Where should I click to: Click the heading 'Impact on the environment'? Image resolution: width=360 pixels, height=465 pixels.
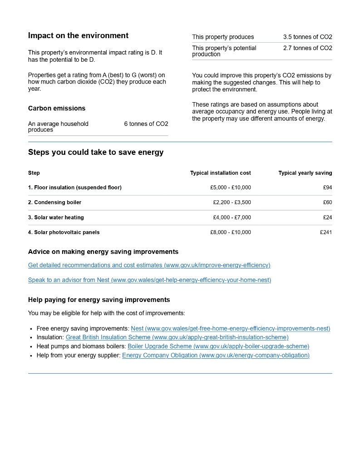[78, 36]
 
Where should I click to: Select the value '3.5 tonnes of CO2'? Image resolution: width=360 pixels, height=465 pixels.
[307, 37]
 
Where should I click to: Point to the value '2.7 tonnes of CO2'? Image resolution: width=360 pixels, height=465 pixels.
[307, 48]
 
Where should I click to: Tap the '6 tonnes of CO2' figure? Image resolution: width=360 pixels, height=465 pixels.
[146, 124]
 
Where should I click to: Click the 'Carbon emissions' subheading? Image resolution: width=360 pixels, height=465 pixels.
[57, 109]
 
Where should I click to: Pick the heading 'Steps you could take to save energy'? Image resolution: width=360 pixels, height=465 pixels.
[96, 153]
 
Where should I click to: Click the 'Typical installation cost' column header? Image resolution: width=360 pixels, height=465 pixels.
[220, 173]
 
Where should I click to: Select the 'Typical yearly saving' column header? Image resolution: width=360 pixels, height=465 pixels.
[305, 173]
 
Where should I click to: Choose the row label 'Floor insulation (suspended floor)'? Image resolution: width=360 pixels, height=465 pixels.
[75, 188]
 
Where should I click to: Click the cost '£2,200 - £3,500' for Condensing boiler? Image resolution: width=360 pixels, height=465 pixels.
[232, 203]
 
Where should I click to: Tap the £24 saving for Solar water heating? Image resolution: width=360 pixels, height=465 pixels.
[327, 218]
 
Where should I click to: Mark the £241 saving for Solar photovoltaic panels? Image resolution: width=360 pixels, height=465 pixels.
[326, 232]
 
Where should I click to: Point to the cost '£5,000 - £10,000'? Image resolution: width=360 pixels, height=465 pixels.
[230, 188]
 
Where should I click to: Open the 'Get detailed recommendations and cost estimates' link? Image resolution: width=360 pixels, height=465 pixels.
[149, 265]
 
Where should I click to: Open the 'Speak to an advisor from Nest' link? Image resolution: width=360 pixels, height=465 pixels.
[149, 280]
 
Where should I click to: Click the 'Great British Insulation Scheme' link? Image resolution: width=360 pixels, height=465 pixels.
[177, 337]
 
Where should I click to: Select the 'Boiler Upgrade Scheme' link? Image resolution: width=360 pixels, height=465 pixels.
[218, 346]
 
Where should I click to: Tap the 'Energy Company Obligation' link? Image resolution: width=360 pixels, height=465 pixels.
[216, 356]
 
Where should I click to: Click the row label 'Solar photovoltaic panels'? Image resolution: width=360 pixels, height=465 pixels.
[64, 232]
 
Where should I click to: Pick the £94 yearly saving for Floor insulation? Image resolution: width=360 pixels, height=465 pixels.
[327, 188]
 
